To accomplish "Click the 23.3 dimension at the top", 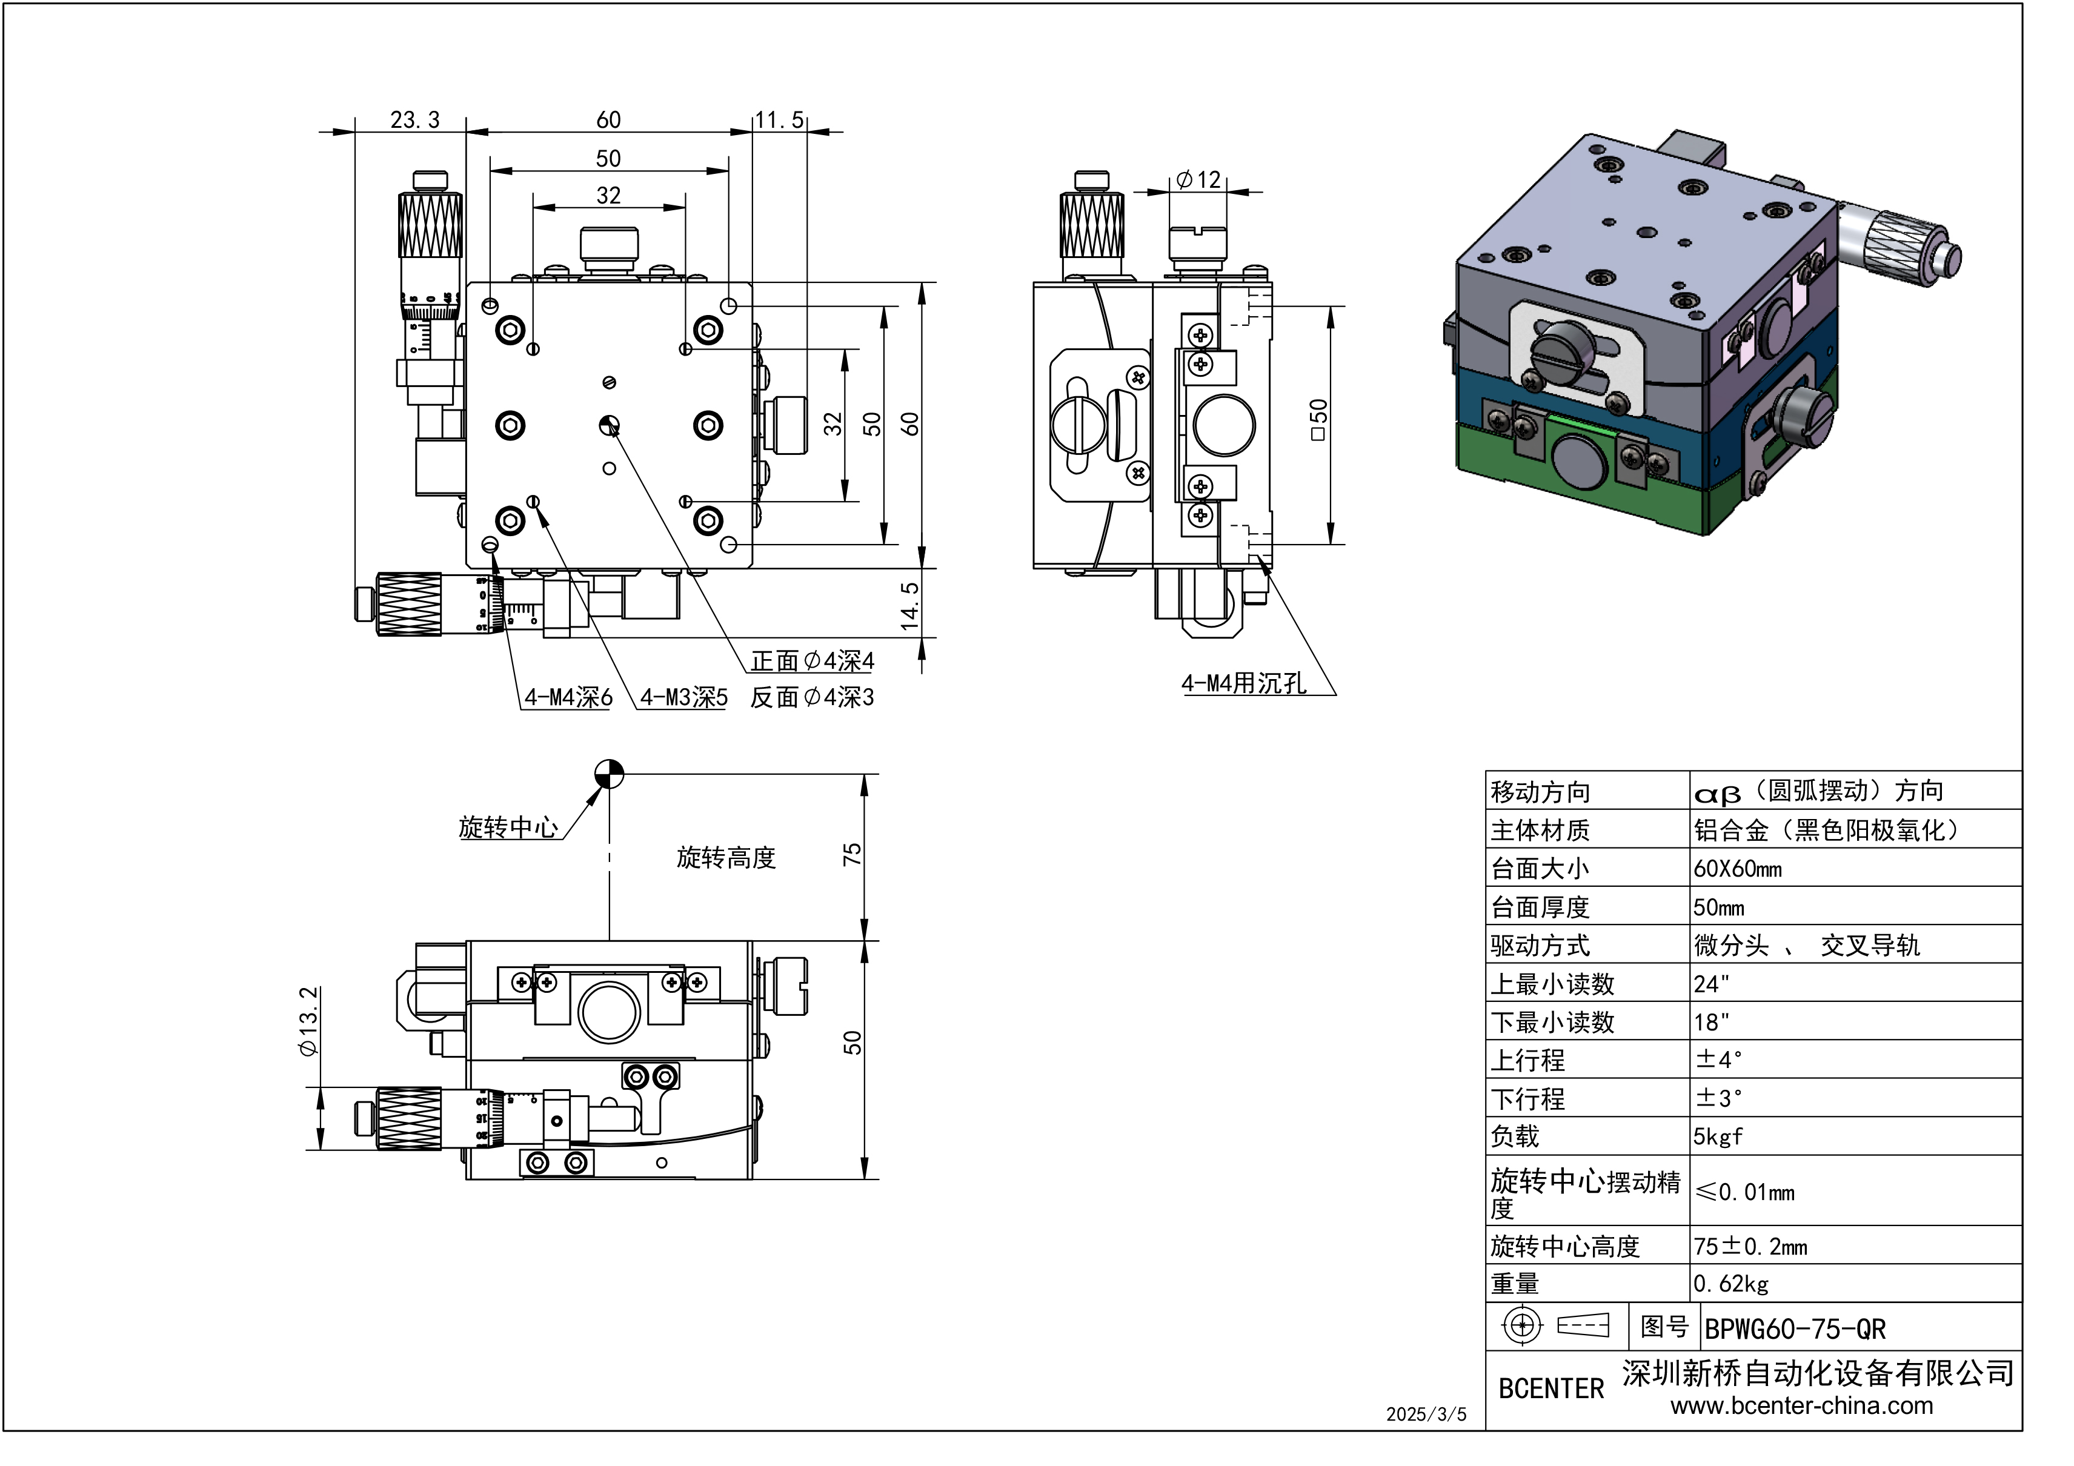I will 414,119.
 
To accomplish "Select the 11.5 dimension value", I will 779,119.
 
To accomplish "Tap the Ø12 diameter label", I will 1198,180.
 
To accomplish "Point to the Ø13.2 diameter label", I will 308,1021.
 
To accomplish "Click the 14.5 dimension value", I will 909,605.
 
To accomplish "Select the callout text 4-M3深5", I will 684,697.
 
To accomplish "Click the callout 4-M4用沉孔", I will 1244,684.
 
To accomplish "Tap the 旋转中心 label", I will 508,828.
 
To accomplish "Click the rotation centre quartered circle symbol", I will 610,774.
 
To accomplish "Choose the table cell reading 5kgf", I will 1718,1136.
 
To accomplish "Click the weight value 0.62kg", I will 1730,1284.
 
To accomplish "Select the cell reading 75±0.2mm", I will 1750,1247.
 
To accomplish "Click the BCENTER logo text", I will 1551,1388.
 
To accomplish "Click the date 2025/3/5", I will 1426,1415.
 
